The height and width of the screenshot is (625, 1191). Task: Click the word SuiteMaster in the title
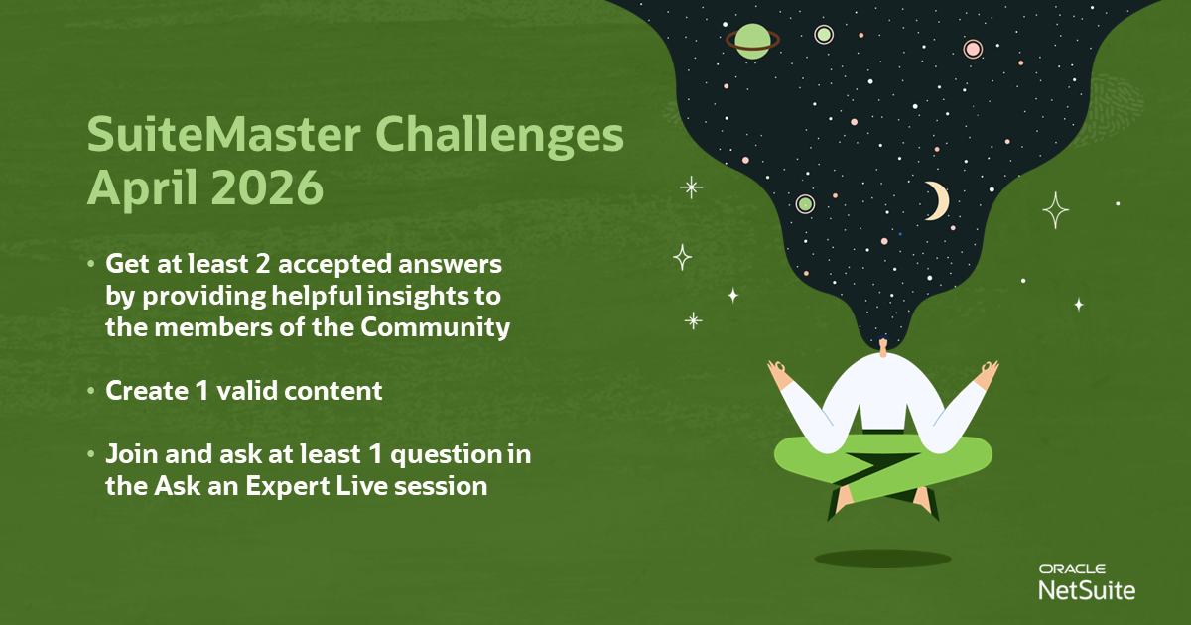pos(224,135)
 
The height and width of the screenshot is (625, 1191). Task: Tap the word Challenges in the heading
pos(499,137)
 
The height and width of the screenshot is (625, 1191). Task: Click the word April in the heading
pos(144,189)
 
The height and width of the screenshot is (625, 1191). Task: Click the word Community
pos(436,328)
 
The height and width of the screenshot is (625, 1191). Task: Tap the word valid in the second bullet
pos(247,391)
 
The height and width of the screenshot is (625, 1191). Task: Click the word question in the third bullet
pos(446,456)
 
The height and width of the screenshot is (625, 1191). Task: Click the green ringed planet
pos(753,41)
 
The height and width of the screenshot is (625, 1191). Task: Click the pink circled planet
pos(973,49)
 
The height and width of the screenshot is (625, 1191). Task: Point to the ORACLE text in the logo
pos(1072,569)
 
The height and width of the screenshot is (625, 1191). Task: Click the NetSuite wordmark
pos(1087,590)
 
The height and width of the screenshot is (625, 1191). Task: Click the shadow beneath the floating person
pos(882,559)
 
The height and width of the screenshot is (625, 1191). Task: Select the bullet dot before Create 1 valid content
pos(91,391)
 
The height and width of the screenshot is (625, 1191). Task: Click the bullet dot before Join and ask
pos(91,454)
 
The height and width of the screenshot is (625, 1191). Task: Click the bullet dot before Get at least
pos(91,264)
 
